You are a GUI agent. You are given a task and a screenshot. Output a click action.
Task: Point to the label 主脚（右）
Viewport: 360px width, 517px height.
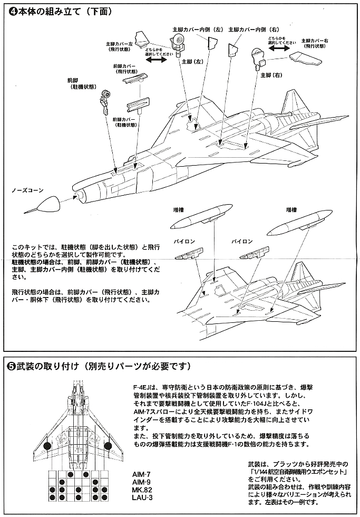(271, 75)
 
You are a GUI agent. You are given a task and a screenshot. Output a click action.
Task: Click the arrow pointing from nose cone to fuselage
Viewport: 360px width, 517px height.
(67, 199)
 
